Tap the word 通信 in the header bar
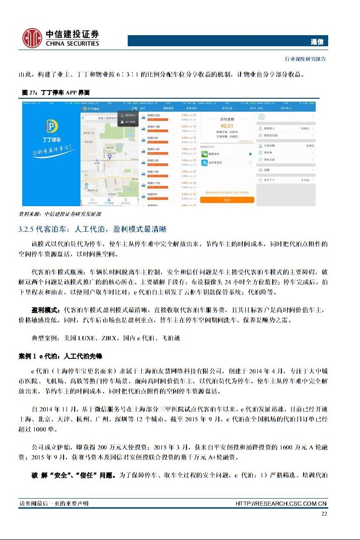tap(317, 42)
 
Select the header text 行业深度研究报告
tap(307, 59)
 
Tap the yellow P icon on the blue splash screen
tap(51, 127)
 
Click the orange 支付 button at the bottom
tap(227, 200)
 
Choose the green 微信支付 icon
tap(205, 154)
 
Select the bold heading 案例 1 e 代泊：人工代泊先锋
tap(61, 356)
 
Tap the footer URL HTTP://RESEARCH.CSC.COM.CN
tap(281, 504)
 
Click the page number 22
tap(324, 514)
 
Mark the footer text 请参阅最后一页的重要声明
tap(53, 504)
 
